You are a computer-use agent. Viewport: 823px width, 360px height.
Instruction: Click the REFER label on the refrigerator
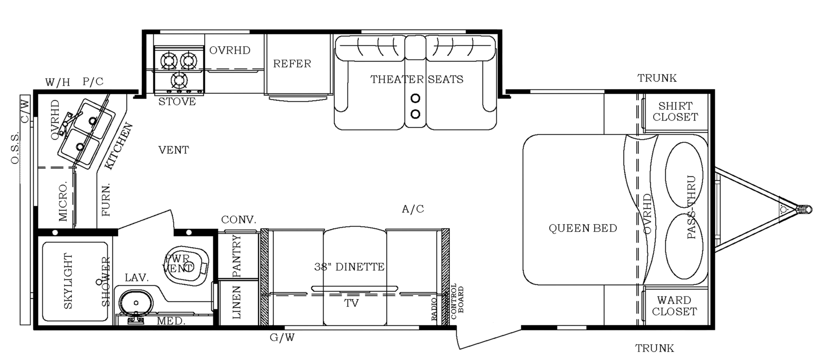click(x=292, y=64)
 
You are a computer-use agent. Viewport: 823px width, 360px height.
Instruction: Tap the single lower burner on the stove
click(x=178, y=80)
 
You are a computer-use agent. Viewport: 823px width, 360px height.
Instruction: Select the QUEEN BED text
click(x=583, y=228)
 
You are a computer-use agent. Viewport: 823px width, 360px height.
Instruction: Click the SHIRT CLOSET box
click(x=675, y=111)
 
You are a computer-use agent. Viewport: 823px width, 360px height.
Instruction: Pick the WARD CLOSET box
click(x=674, y=306)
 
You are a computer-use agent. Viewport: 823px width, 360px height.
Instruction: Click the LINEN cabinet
click(x=237, y=303)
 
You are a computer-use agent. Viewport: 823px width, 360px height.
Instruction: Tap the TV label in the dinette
click(x=351, y=303)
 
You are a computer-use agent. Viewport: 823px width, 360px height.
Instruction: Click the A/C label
click(x=413, y=209)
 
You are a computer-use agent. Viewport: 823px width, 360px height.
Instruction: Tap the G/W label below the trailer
click(x=282, y=338)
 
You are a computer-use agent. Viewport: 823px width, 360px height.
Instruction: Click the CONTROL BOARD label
click(x=457, y=299)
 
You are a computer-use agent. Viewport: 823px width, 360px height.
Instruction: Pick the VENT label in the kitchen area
click(x=174, y=150)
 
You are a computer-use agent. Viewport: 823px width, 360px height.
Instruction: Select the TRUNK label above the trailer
click(x=657, y=78)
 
